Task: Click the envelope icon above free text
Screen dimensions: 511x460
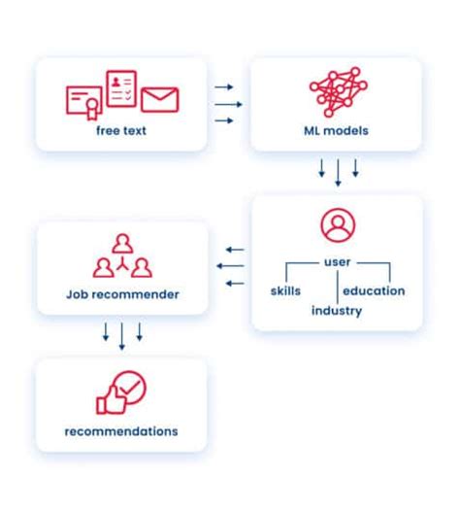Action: point(160,99)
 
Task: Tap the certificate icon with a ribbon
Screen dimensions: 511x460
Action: point(84,98)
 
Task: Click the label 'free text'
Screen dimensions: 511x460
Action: point(121,131)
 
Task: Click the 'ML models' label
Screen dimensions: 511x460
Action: point(338,131)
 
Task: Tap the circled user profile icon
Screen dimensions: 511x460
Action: point(338,226)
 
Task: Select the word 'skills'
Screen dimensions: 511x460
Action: point(285,290)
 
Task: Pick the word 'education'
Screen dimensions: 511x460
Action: point(374,290)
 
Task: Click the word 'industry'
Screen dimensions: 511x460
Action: point(337,311)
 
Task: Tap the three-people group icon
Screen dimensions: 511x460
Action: point(121,255)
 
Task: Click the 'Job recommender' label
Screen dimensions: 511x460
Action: point(122,292)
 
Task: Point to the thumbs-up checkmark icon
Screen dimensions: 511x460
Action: point(120,393)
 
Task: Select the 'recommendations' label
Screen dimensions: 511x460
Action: point(121,430)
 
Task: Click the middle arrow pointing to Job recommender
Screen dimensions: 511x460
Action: point(231,265)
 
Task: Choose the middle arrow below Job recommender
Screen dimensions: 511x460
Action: point(121,336)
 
